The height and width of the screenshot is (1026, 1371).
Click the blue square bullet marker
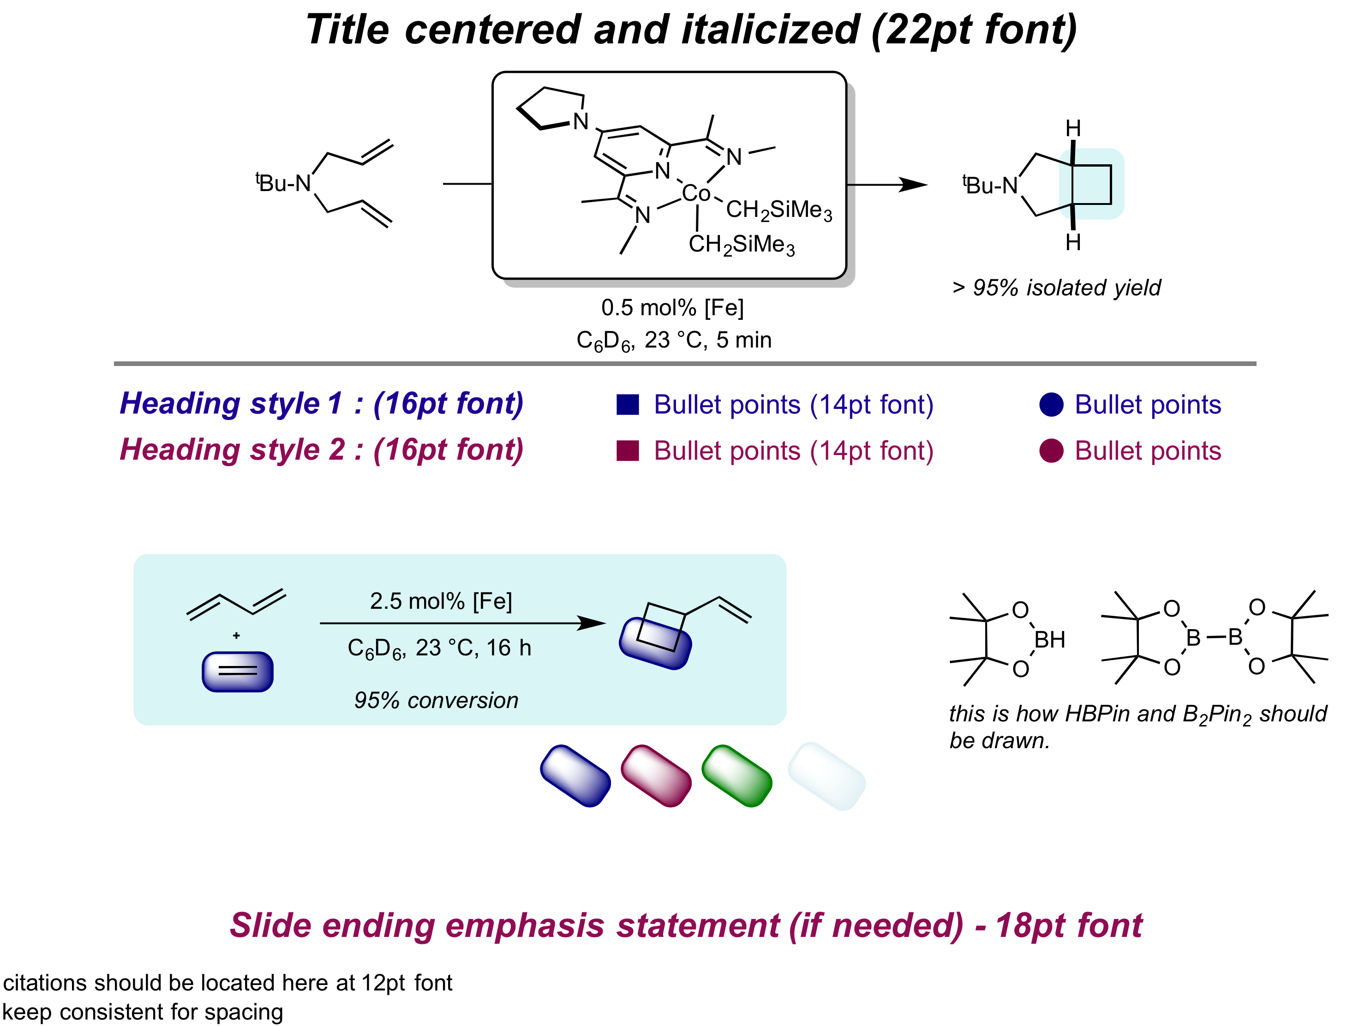pos(627,405)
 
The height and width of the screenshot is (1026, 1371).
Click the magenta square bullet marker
pos(627,451)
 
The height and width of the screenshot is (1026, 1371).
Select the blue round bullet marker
pos(1051,405)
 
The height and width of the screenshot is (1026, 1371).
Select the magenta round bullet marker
pos(1051,451)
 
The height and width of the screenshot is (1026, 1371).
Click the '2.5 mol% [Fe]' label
pos(441,601)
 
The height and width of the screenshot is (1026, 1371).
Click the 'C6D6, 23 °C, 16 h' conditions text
pos(439,648)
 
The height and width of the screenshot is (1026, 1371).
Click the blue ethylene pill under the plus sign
pos(237,672)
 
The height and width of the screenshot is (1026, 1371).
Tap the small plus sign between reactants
pos(236,636)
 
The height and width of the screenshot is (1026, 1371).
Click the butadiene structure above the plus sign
pos(236,603)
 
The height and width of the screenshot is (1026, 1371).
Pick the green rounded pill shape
pos(737,776)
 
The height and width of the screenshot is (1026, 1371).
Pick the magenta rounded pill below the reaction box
pos(656,776)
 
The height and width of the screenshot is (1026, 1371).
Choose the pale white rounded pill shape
pos(826,776)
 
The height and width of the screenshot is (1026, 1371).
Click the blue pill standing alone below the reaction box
pos(575,776)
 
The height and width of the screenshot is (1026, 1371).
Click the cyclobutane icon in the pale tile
pos(1091,184)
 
